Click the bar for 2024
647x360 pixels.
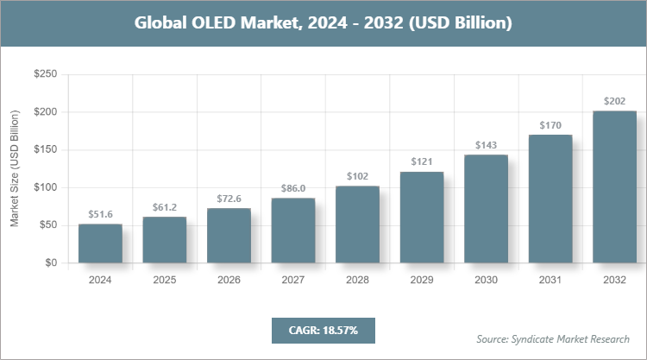100,243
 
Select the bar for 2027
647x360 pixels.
293,231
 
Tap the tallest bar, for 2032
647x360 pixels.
614,186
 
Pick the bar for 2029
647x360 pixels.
422,218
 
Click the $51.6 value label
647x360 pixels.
100,214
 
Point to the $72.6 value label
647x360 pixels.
229,199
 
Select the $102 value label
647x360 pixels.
357,176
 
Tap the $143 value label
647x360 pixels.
486,145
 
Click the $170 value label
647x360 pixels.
550,125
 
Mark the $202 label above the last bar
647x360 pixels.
614,101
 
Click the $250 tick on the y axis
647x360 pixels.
45,75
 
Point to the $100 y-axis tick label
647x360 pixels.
45,188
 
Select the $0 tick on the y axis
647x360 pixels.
52,263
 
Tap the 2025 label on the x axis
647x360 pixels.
164,280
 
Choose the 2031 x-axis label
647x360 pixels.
550,280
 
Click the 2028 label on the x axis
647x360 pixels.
357,280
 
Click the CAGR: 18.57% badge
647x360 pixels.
323,331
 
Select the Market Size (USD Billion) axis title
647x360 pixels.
15,169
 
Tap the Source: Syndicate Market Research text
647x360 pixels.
553,338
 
